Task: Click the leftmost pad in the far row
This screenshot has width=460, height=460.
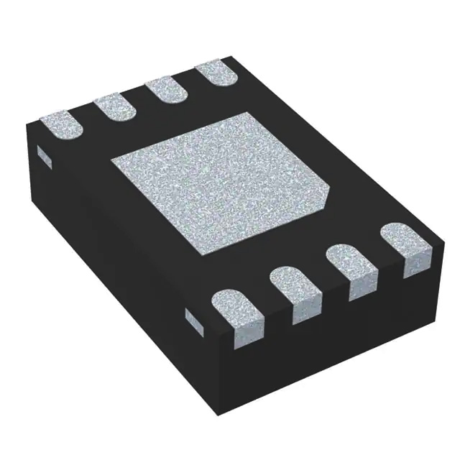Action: (60, 124)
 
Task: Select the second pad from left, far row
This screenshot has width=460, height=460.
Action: (115, 108)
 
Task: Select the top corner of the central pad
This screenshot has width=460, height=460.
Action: (248, 114)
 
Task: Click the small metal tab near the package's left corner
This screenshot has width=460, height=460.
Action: (42, 155)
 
